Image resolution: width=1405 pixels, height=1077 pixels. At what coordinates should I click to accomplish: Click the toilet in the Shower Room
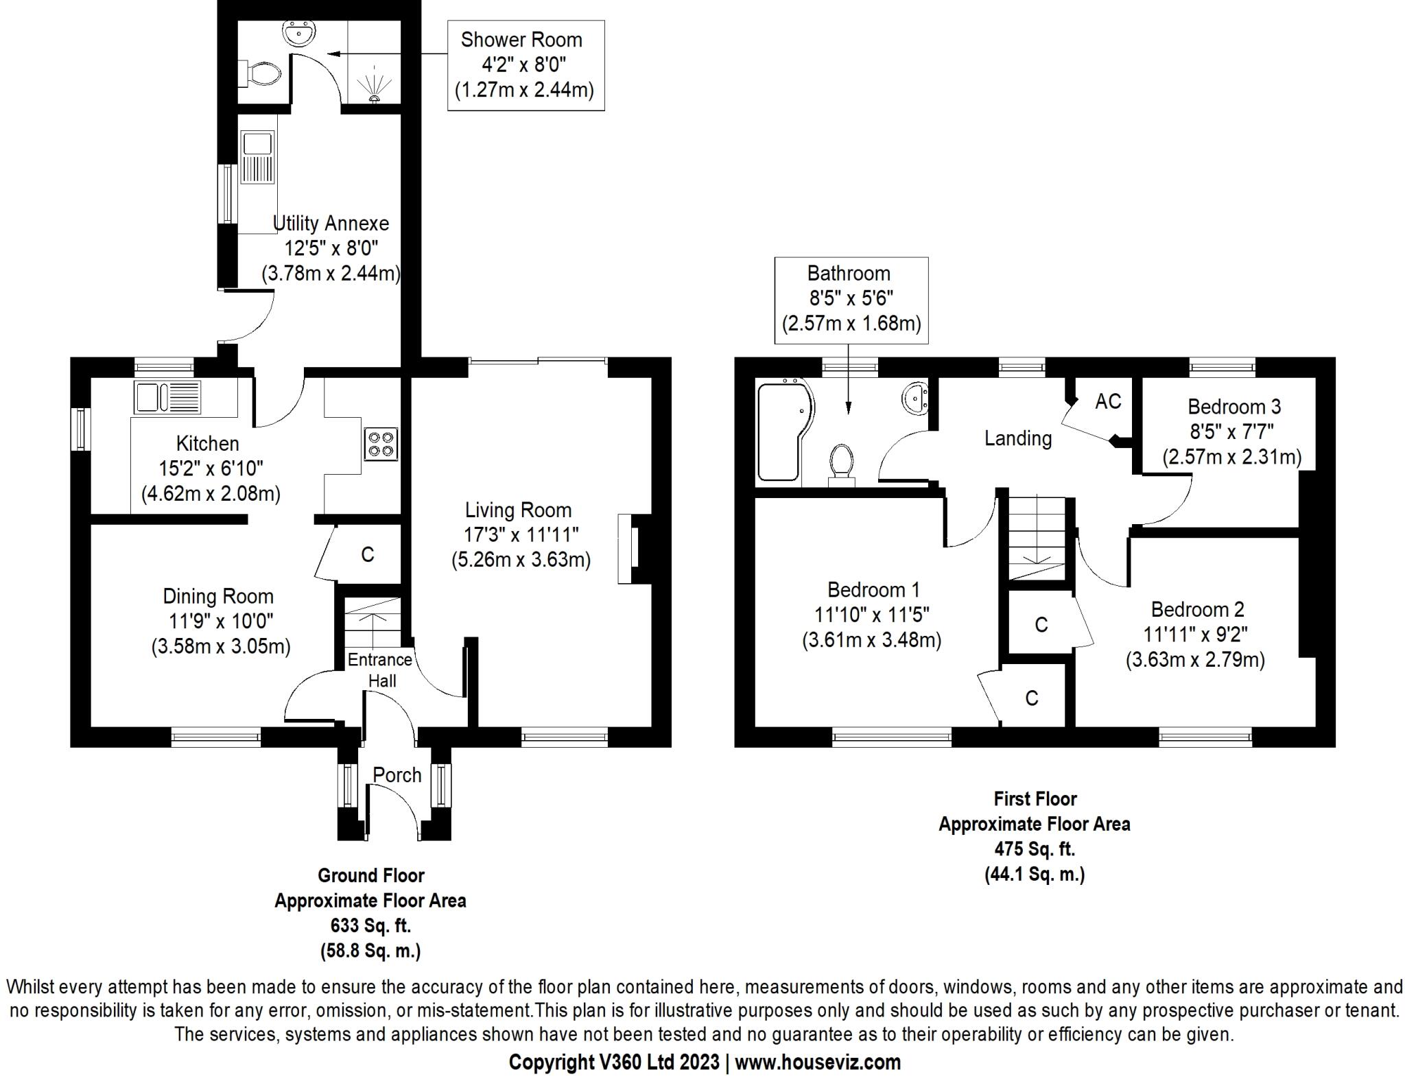click(x=262, y=73)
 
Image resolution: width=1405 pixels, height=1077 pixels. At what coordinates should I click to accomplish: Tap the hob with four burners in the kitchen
click(x=381, y=443)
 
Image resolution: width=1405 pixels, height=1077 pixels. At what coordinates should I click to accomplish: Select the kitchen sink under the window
click(x=167, y=397)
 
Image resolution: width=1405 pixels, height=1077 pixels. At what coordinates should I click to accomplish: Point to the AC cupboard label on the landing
click(x=1108, y=401)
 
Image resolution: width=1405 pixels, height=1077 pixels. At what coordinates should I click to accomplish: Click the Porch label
click(x=397, y=775)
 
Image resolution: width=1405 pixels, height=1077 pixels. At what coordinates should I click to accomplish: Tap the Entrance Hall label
click(x=380, y=670)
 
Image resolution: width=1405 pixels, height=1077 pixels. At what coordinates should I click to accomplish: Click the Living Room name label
click(x=518, y=510)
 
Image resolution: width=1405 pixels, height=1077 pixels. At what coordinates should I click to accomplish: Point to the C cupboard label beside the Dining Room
click(x=368, y=555)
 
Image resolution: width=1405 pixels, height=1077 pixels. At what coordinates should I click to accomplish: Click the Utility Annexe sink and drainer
click(x=258, y=158)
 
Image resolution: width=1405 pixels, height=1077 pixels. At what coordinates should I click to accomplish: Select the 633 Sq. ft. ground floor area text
click(x=370, y=926)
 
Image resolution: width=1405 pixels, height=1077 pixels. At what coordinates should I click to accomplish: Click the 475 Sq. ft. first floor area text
click(x=1035, y=849)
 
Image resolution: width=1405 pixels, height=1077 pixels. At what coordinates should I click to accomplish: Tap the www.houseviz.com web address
click(x=817, y=1062)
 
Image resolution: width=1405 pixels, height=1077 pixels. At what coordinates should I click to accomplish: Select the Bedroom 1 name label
click(x=873, y=589)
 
